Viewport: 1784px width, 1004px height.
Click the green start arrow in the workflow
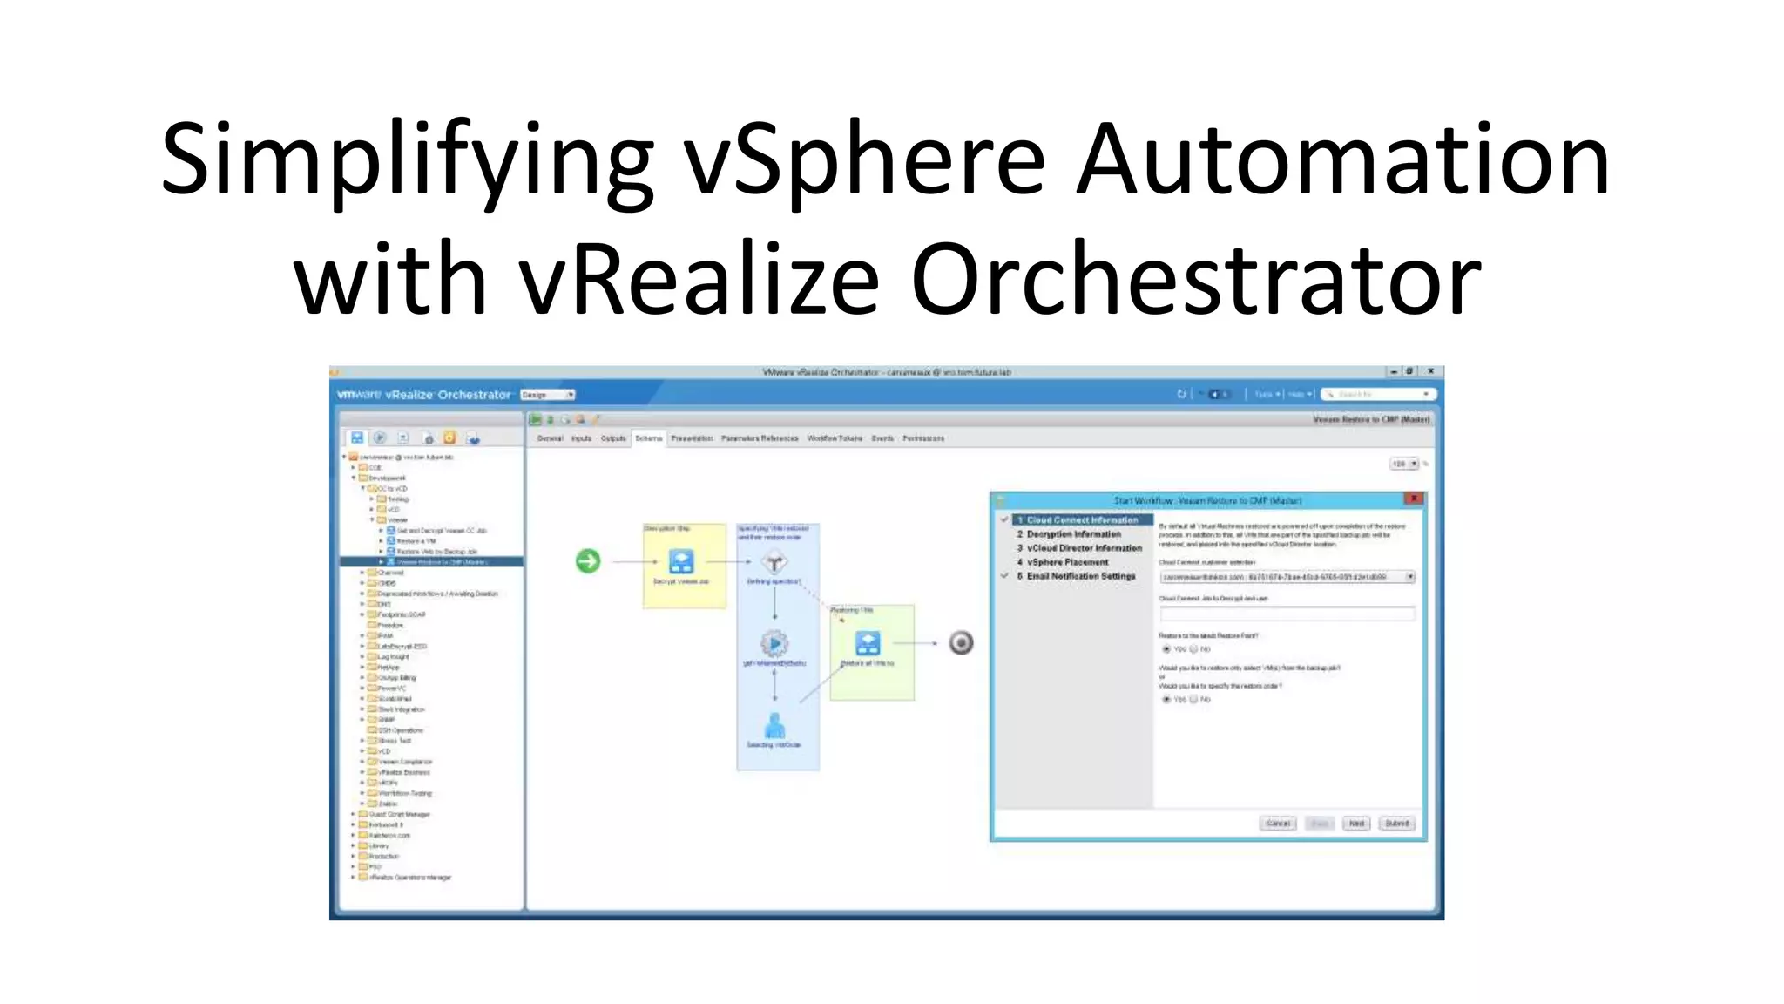pos(588,561)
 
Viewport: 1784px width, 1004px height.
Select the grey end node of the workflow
pos(961,643)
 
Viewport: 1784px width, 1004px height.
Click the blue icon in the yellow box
pos(681,561)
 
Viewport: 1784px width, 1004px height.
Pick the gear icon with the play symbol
pos(774,644)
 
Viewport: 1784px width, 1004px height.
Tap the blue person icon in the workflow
pos(774,725)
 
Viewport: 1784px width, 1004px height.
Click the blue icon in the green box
pos(868,644)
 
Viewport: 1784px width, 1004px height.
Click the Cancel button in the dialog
pos(1278,824)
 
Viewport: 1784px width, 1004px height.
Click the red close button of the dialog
pos(1414,499)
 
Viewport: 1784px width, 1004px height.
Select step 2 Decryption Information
pos(1073,534)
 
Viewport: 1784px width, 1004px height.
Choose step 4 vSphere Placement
pos(1067,562)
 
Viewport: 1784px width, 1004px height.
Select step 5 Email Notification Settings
pos(1080,576)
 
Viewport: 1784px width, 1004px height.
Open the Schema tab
pos(649,438)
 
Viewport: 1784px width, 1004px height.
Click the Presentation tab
pos(692,438)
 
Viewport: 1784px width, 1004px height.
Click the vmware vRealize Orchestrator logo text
pos(424,395)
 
